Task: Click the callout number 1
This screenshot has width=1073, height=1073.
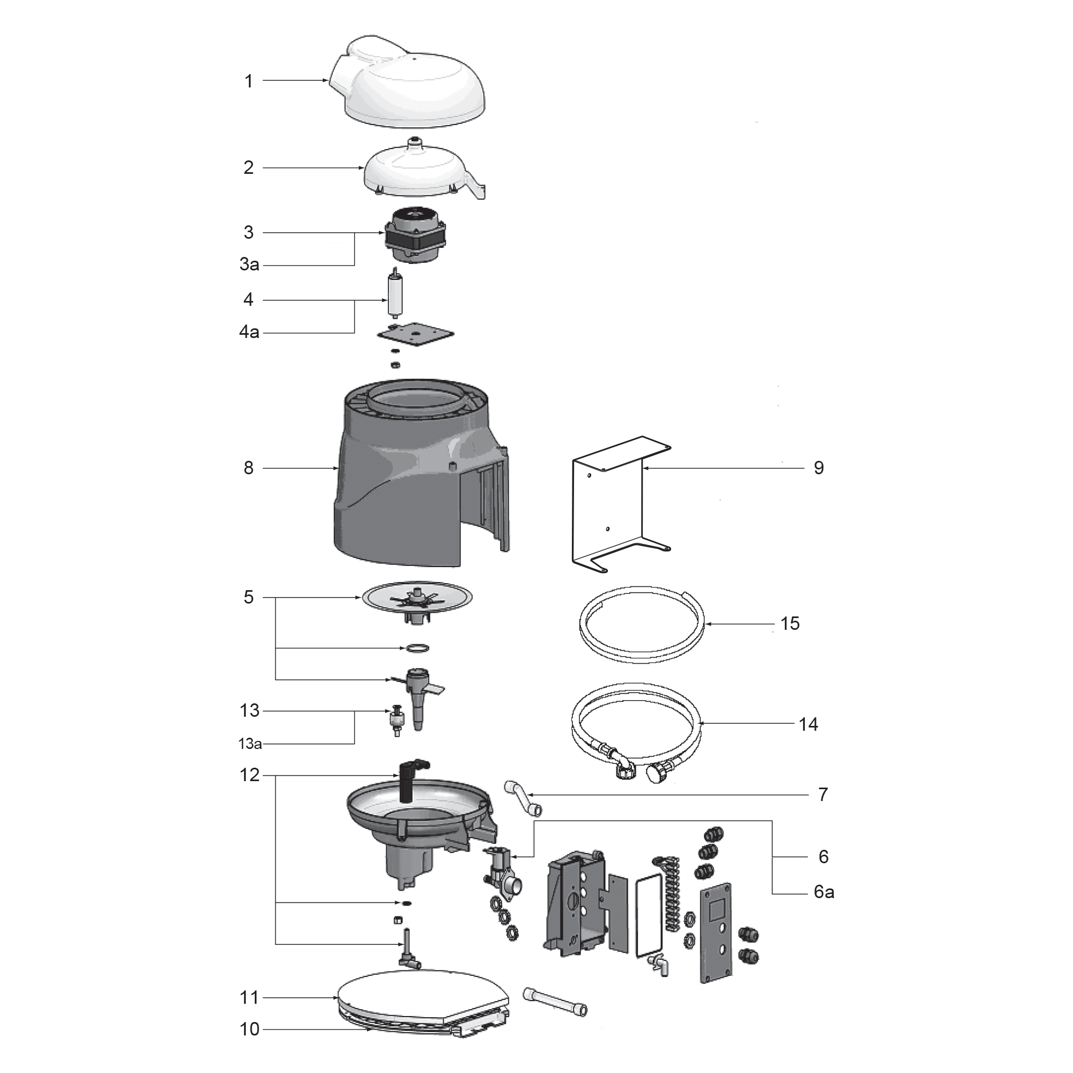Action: [x=248, y=81]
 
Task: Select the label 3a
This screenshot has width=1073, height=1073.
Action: [x=249, y=264]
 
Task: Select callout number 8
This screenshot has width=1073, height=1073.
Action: [x=248, y=468]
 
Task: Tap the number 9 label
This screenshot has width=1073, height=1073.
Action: [x=819, y=468]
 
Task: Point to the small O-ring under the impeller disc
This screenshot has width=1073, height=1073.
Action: [x=416, y=648]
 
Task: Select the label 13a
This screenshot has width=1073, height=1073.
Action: [x=250, y=744]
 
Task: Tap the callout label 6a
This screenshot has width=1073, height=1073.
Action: [x=824, y=892]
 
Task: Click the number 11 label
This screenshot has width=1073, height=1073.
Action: [x=249, y=997]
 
